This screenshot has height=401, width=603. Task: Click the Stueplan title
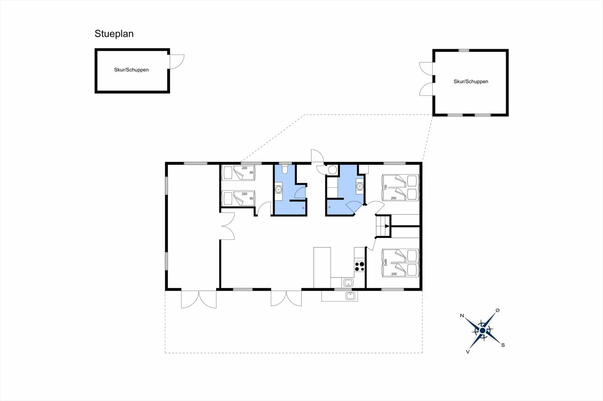tap(114, 34)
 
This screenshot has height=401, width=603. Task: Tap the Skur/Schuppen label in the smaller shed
tap(131, 70)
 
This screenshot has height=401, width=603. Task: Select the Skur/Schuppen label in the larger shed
tap(471, 82)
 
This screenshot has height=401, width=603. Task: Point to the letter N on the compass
tap(462, 316)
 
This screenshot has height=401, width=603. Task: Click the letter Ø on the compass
tap(497, 310)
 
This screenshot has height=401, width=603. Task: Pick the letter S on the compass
tap(503, 345)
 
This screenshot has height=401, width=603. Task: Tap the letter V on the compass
tap(468, 352)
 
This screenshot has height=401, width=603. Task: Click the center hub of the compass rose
tap(483, 330)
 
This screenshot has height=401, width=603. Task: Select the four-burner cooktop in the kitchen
tap(359, 266)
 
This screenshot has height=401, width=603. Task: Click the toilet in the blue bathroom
tap(285, 169)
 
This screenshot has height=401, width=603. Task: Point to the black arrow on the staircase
tap(387, 226)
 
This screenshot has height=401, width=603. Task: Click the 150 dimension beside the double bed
tap(386, 187)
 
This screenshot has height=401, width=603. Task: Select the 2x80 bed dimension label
tap(386, 262)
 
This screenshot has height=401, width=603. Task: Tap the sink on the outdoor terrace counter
tap(350, 295)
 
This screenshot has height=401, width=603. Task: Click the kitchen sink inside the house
tap(348, 283)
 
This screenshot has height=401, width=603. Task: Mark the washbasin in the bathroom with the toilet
tap(279, 189)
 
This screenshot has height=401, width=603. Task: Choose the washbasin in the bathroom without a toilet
tap(360, 187)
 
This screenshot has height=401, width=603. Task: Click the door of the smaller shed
tap(177, 62)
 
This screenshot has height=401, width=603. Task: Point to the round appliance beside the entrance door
tap(333, 170)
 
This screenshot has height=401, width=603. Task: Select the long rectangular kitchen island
tap(322, 267)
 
